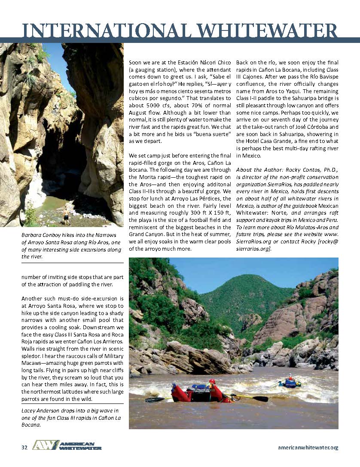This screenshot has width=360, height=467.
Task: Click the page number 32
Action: pos(24,447)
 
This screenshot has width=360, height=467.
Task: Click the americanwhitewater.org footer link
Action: pos(308,447)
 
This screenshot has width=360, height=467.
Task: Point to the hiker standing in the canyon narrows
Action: pos(67,215)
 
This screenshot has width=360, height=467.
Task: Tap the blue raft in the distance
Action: pos(290,382)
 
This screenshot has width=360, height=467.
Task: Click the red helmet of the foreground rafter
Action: pos(212,381)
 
